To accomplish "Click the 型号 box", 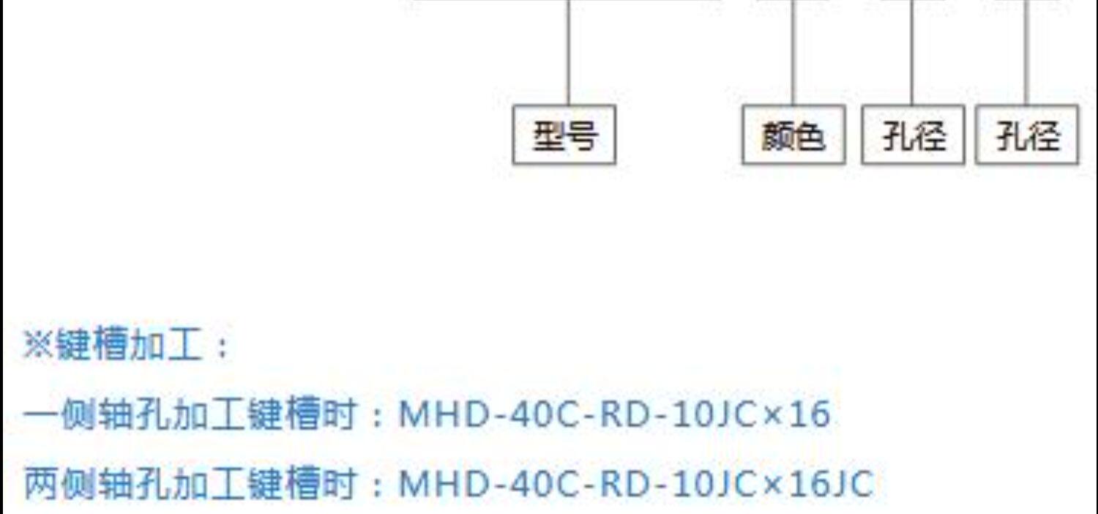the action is point(564,135).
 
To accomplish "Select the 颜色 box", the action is point(793,135).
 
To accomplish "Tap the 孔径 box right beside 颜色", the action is point(913,135).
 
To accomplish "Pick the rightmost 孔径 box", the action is point(1027,135).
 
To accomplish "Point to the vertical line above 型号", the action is point(569,51).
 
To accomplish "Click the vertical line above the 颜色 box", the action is point(793,51).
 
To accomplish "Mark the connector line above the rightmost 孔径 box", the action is point(1026,51).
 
